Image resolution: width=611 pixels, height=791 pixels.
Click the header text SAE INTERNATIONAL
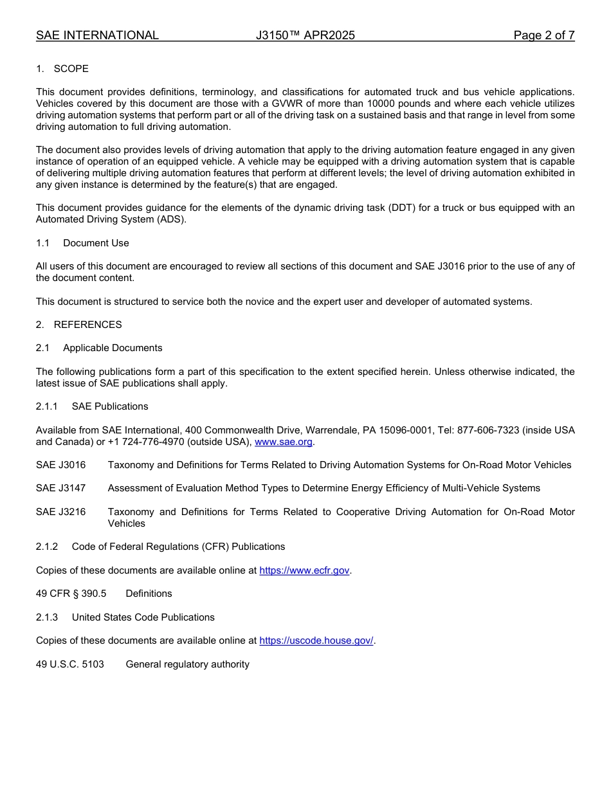pyautogui.click(x=97, y=35)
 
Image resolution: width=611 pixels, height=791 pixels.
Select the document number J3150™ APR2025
pyautogui.click(x=305, y=35)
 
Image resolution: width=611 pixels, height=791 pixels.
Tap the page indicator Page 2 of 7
pyautogui.click(x=543, y=35)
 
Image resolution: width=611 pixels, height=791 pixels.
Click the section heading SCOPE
pyautogui.click(x=71, y=69)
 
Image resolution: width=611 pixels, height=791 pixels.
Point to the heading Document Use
pyautogui.click(x=96, y=243)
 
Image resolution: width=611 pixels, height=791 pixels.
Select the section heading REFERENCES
pyautogui.click(x=87, y=325)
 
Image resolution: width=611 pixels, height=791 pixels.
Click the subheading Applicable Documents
pyautogui.click(x=113, y=348)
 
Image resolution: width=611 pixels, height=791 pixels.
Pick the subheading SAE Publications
pyautogui.click(x=110, y=406)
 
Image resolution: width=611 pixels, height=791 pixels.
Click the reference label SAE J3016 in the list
pyautogui.click(x=60, y=465)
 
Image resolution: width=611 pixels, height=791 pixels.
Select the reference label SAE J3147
pyautogui.click(x=60, y=488)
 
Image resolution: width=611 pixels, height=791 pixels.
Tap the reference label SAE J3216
pyautogui.click(x=60, y=512)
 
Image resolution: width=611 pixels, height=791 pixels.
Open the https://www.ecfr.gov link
pyautogui.click(x=304, y=570)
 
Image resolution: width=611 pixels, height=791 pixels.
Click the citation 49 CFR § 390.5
pyautogui.click(x=71, y=594)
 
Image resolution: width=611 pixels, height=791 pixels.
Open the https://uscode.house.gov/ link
pyautogui.click(x=316, y=641)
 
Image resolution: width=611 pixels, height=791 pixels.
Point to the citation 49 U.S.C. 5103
pyautogui.click(x=69, y=664)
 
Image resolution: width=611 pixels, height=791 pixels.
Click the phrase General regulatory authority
pyautogui.click(x=187, y=664)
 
